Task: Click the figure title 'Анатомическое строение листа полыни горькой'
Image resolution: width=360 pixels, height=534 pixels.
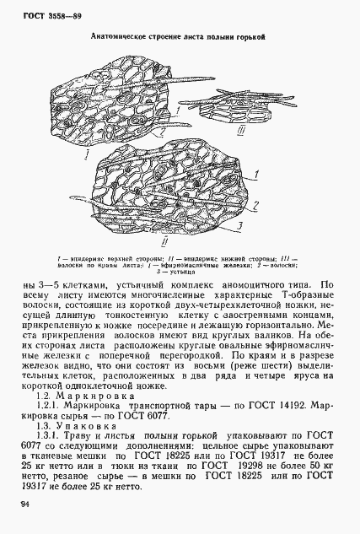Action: [x=177, y=38]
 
